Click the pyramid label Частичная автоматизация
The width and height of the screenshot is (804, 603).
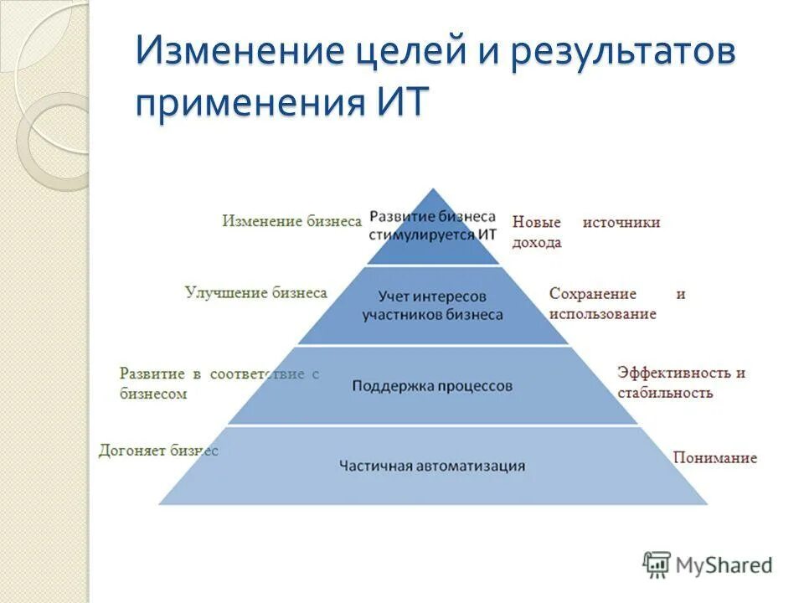(x=432, y=466)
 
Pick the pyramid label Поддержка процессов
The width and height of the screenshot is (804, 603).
(x=432, y=386)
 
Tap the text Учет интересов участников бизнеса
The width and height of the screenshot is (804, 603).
(x=432, y=306)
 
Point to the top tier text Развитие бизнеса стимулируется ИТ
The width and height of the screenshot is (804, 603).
(x=432, y=225)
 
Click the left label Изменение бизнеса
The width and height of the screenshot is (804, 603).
(x=291, y=221)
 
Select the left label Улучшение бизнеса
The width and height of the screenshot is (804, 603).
(x=255, y=292)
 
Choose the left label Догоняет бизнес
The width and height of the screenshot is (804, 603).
(x=158, y=451)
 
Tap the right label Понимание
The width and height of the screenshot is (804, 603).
(x=714, y=457)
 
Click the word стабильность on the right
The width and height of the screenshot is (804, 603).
(x=665, y=392)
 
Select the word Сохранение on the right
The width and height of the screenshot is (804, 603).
(x=593, y=294)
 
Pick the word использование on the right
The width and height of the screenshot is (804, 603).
(x=602, y=313)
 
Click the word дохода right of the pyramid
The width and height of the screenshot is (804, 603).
(x=537, y=242)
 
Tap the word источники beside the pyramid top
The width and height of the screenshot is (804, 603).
(x=622, y=222)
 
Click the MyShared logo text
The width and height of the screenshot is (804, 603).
(x=724, y=565)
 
